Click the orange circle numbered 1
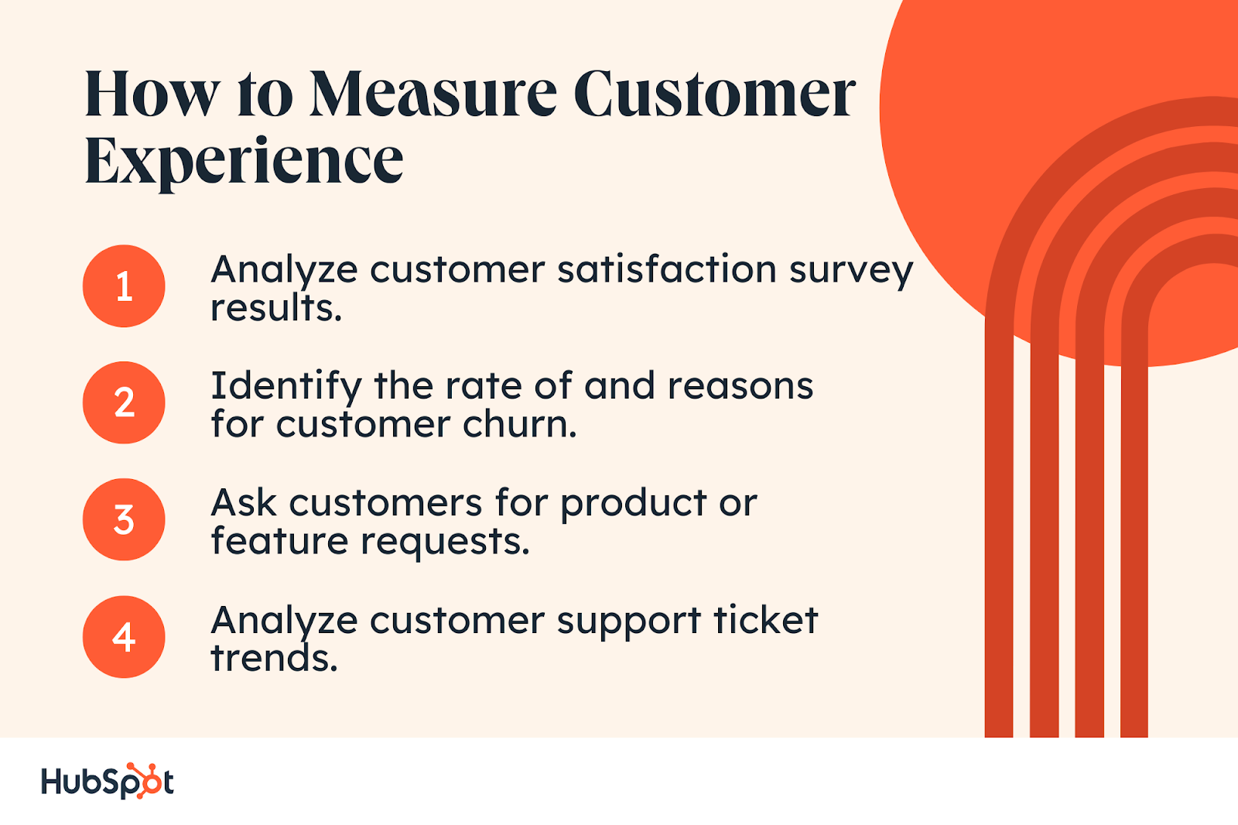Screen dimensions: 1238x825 click(x=124, y=286)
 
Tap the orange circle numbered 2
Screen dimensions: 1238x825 click(x=124, y=402)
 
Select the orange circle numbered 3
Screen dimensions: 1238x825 click(x=124, y=519)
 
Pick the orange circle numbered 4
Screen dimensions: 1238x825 click(x=124, y=636)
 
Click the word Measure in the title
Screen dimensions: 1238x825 click(x=433, y=94)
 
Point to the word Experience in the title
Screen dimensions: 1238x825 click(x=244, y=162)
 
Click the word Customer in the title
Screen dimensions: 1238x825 click(x=715, y=94)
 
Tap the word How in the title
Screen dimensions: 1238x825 click(x=152, y=94)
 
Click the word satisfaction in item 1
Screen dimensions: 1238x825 click(x=667, y=269)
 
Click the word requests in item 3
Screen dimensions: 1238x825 click(x=445, y=543)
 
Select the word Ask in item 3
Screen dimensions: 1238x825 click(x=244, y=502)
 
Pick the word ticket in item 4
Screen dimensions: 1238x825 click(x=765, y=621)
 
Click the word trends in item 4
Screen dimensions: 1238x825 click(x=274, y=658)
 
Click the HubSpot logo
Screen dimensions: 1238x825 click(x=108, y=781)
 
